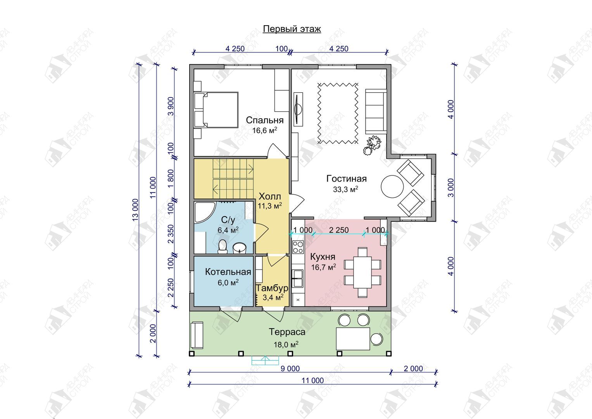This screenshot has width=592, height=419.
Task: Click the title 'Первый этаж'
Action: [x=292, y=29]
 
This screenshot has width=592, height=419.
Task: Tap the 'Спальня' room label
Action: [x=264, y=120]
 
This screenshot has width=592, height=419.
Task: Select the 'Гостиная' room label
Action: [x=347, y=178]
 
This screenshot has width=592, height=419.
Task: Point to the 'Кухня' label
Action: [x=323, y=256]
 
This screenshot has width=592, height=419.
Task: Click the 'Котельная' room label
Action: [x=228, y=272]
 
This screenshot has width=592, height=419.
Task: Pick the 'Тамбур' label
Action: [x=272, y=288]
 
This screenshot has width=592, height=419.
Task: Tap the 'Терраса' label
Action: [x=287, y=332]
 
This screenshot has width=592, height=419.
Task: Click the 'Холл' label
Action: [x=269, y=197]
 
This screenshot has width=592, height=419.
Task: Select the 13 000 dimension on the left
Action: [x=135, y=210]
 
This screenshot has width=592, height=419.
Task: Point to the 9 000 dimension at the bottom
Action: [x=290, y=369]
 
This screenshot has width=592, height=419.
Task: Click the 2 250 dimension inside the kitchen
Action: [x=339, y=230]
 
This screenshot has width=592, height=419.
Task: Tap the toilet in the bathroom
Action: [x=223, y=246]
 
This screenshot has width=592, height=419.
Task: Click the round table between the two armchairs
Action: [x=392, y=187]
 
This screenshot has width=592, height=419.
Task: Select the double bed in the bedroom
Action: [x=216, y=110]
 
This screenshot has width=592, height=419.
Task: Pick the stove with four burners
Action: [x=298, y=247]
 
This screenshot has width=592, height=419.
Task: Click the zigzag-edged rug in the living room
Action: [x=338, y=113]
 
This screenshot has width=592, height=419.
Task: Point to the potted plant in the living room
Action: [x=373, y=145]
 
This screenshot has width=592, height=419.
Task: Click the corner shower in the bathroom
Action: [x=204, y=213]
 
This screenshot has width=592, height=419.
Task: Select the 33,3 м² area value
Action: [x=346, y=189]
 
